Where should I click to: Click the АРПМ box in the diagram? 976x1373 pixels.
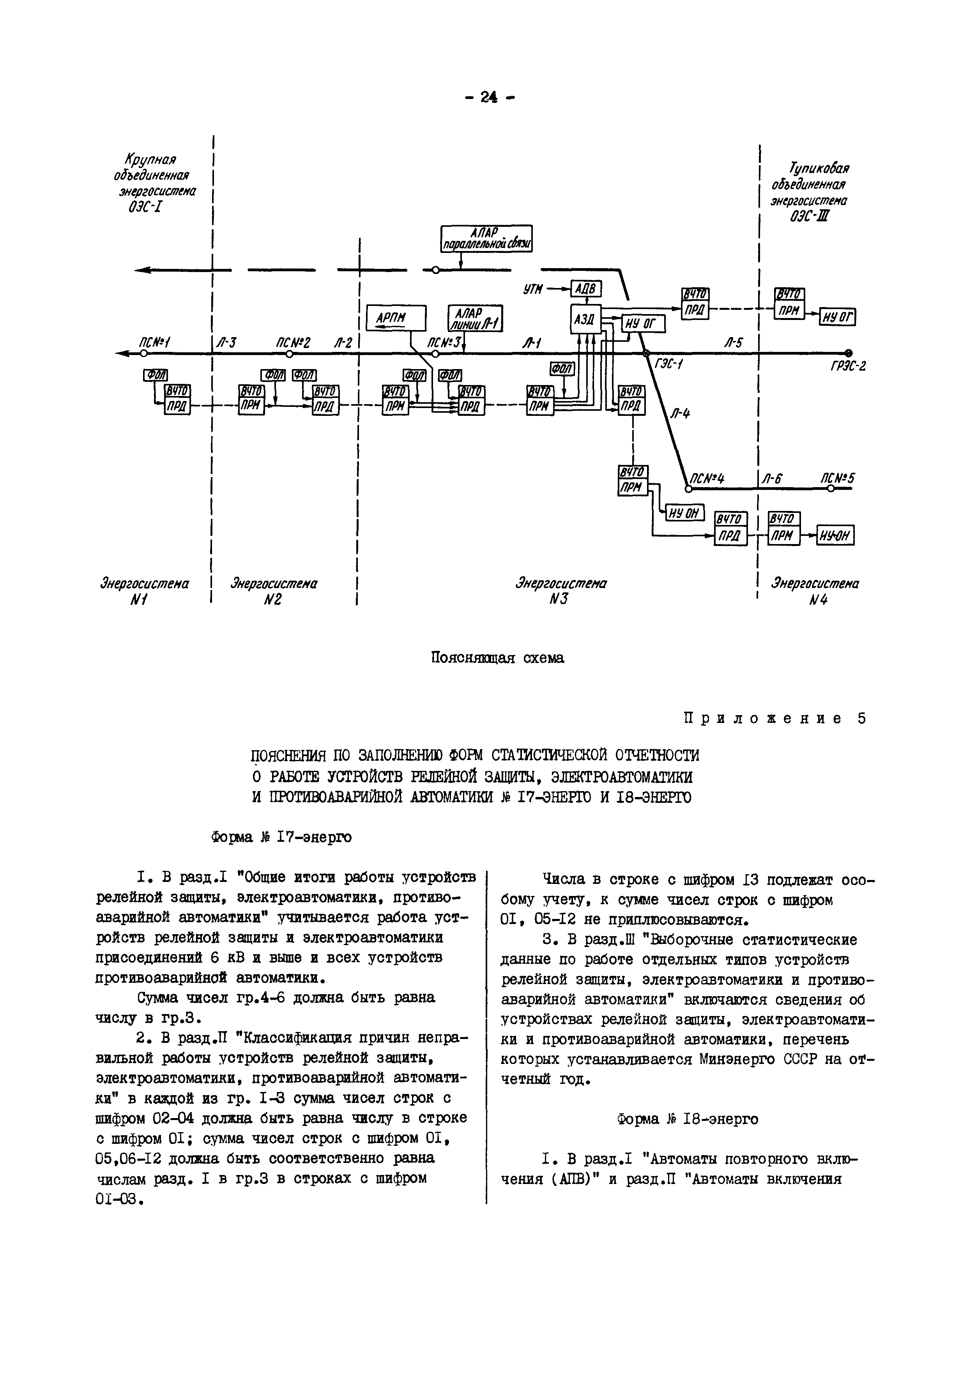click(396, 318)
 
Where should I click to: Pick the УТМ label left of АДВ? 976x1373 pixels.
click(532, 290)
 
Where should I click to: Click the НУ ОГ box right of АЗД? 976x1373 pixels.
click(642, 325)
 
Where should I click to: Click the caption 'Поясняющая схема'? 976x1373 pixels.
click(498, 658)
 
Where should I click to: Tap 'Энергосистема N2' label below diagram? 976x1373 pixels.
click(274, 591)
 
